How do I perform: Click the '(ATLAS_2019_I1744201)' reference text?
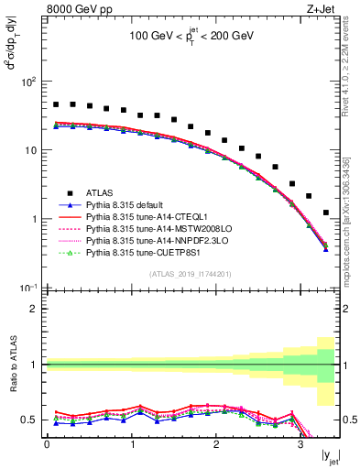191,275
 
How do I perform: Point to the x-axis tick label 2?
215,445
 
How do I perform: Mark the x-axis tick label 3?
300,445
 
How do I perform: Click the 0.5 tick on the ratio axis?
30,420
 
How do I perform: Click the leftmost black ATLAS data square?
56,104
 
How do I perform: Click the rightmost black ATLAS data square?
326,213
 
